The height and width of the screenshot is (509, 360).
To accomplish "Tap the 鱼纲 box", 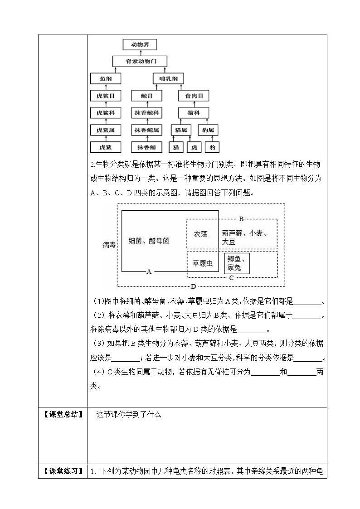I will point(106,78).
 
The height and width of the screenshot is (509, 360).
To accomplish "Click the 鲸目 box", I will point(146,96).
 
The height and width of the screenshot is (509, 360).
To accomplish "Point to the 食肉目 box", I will point(194,96).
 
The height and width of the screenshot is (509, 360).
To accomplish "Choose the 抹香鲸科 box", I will point(146,113).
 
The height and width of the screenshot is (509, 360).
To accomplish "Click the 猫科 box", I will point(194,113).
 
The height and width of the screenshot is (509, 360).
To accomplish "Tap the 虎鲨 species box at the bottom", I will point(106,147).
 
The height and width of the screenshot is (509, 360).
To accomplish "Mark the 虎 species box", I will point(194,147).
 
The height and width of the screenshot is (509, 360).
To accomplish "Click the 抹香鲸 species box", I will point(146,147).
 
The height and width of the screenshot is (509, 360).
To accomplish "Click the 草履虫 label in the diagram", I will point(203,263).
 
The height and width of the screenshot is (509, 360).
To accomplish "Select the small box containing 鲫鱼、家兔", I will point(236,263).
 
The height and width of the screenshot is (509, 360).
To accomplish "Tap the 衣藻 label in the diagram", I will point(200,234).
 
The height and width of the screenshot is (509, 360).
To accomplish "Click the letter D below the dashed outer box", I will point(193,286).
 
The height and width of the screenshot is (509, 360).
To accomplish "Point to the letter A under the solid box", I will point(149,271).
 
